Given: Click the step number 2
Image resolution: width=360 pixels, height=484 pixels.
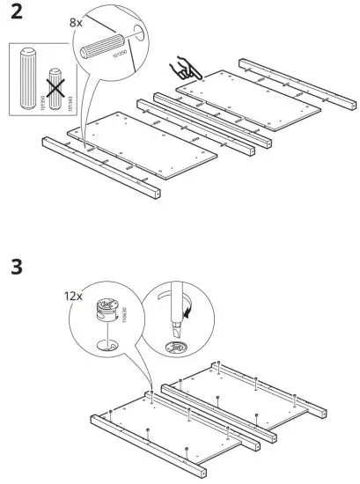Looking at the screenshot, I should click(x=16, y=15).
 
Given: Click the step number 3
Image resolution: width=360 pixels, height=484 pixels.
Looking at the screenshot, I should click(x=15, y=265).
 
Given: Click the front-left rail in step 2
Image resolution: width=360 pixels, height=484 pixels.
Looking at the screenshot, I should click(x=101, y=168).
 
